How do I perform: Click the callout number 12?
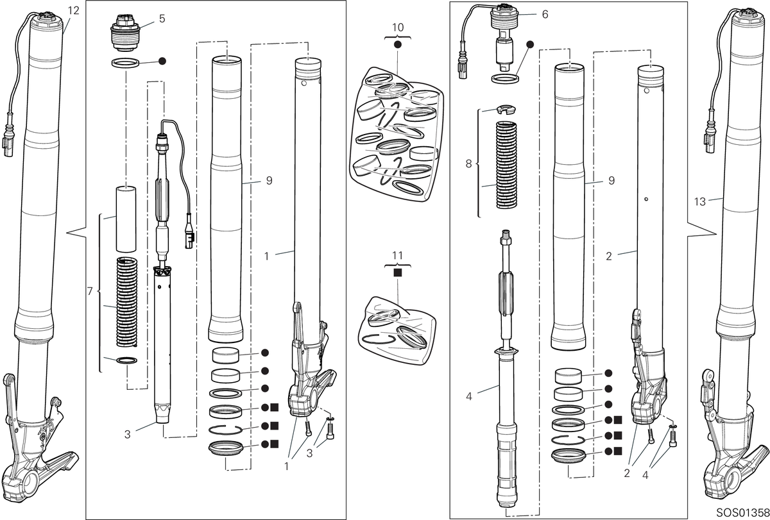pyautogui.click(x=74, y=10)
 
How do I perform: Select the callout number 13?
pyautogui.click(x=700, y=201)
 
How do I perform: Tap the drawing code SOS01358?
pyautogui.click(x=743, y=513)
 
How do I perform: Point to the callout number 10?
pyautogui.click(x=398, y=28)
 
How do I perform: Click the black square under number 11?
pyautogui.click(x=398, y=273)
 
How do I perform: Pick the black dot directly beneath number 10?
pyautogui.click(x=398, y=45)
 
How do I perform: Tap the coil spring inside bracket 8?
pyautogui.click(x=507, y=165)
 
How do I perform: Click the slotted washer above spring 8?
pyautogui.click(x=507, y=110)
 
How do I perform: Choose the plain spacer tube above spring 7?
pyautogui.click(x=126, y=219)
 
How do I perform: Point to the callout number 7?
pyautogui.click(x=90, y=291)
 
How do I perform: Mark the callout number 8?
pyautogui.click(x=468, y=164)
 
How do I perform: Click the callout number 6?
pyautogui.click(x=545, y=14)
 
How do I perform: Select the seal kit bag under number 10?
pyautogui.click(x=396, y=134)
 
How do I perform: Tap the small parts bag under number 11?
pyautogui.click(x=397, y=330)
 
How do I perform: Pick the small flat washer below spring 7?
pyautogui.click(x=127, y=360)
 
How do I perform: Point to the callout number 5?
pyautogui.click(x=162, y=19)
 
